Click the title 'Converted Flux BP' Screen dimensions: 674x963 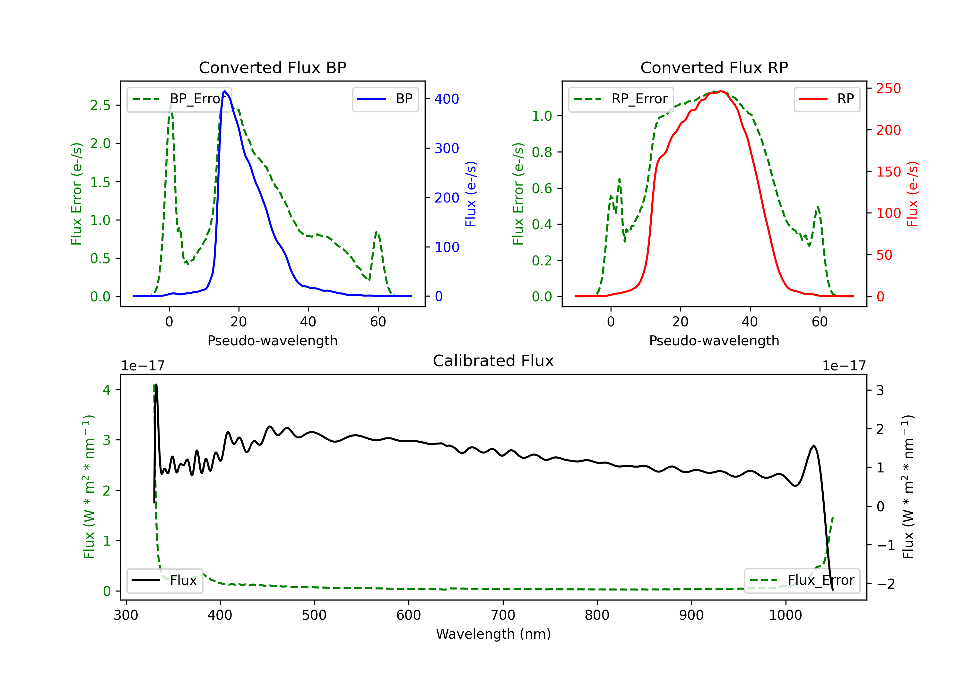(x=272, y=67)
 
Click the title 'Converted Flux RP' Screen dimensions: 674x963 (x=714, y=67)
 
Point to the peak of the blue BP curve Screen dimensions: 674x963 (x=225, y=91)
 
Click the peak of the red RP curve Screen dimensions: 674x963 (x=721, y=91)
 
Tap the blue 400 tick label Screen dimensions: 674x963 (x=447, y=99)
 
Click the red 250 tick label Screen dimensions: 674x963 (x=888, y=89)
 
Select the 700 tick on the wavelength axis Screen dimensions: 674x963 (x=503, y=615)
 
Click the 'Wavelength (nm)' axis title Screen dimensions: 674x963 (x=493, y=634)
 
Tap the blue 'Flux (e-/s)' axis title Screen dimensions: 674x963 (x=471, y=194)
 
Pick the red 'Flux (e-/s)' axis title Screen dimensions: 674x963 (x=913, y=194)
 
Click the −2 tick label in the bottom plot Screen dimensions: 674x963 (x=885, y=584)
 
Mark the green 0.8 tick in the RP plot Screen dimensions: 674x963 (x=542, y=152)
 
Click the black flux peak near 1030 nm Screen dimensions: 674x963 (x=814, y=446)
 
